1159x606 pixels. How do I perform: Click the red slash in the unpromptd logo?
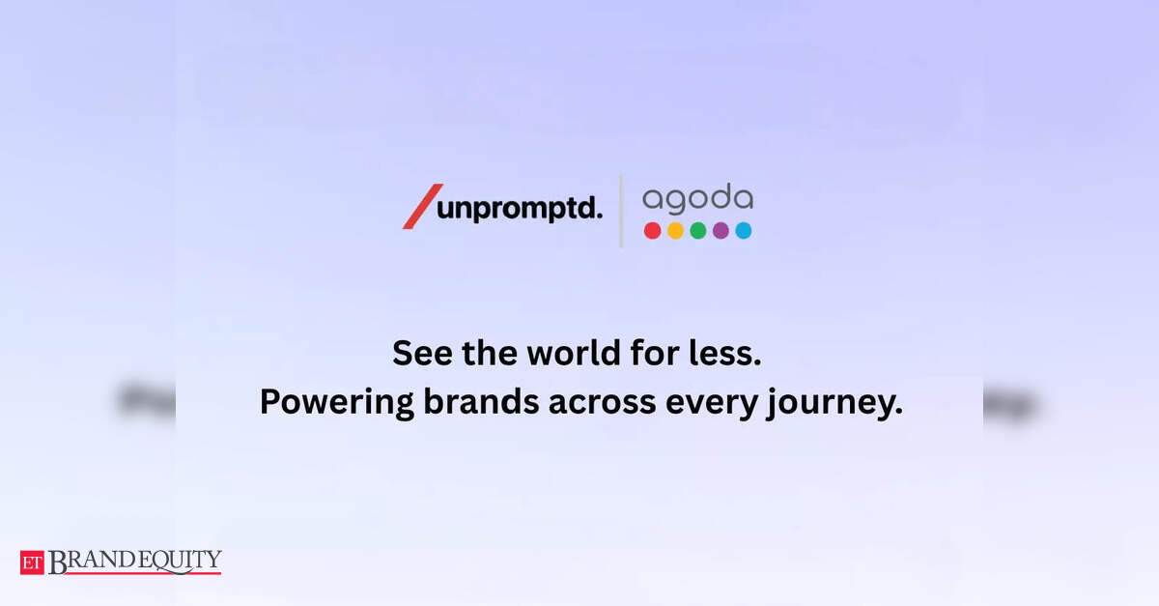tap(423, 206)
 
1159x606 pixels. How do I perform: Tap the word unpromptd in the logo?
tap(520, 209)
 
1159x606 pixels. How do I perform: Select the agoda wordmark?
tap(697, 198)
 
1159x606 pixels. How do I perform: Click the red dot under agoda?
tap(653, 230)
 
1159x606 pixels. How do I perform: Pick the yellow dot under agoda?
tap(675, 230)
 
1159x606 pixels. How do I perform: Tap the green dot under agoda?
tap(698, 230)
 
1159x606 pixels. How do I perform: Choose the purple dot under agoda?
tap(721, 230)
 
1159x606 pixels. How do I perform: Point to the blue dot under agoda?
tap(744, 230)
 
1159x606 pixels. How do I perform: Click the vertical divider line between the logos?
tap(621, 212)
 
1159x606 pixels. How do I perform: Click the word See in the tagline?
tap(422, 353)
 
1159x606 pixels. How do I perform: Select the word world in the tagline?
tap(574, 353)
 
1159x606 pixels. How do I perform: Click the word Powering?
tap(337, 403)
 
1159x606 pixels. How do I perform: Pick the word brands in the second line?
tap(481, 402)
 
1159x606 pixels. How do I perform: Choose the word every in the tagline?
tap(712, 404)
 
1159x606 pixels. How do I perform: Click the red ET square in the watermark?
tap(32, 563)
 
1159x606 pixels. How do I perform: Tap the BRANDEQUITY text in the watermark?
tap(135, 562)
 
